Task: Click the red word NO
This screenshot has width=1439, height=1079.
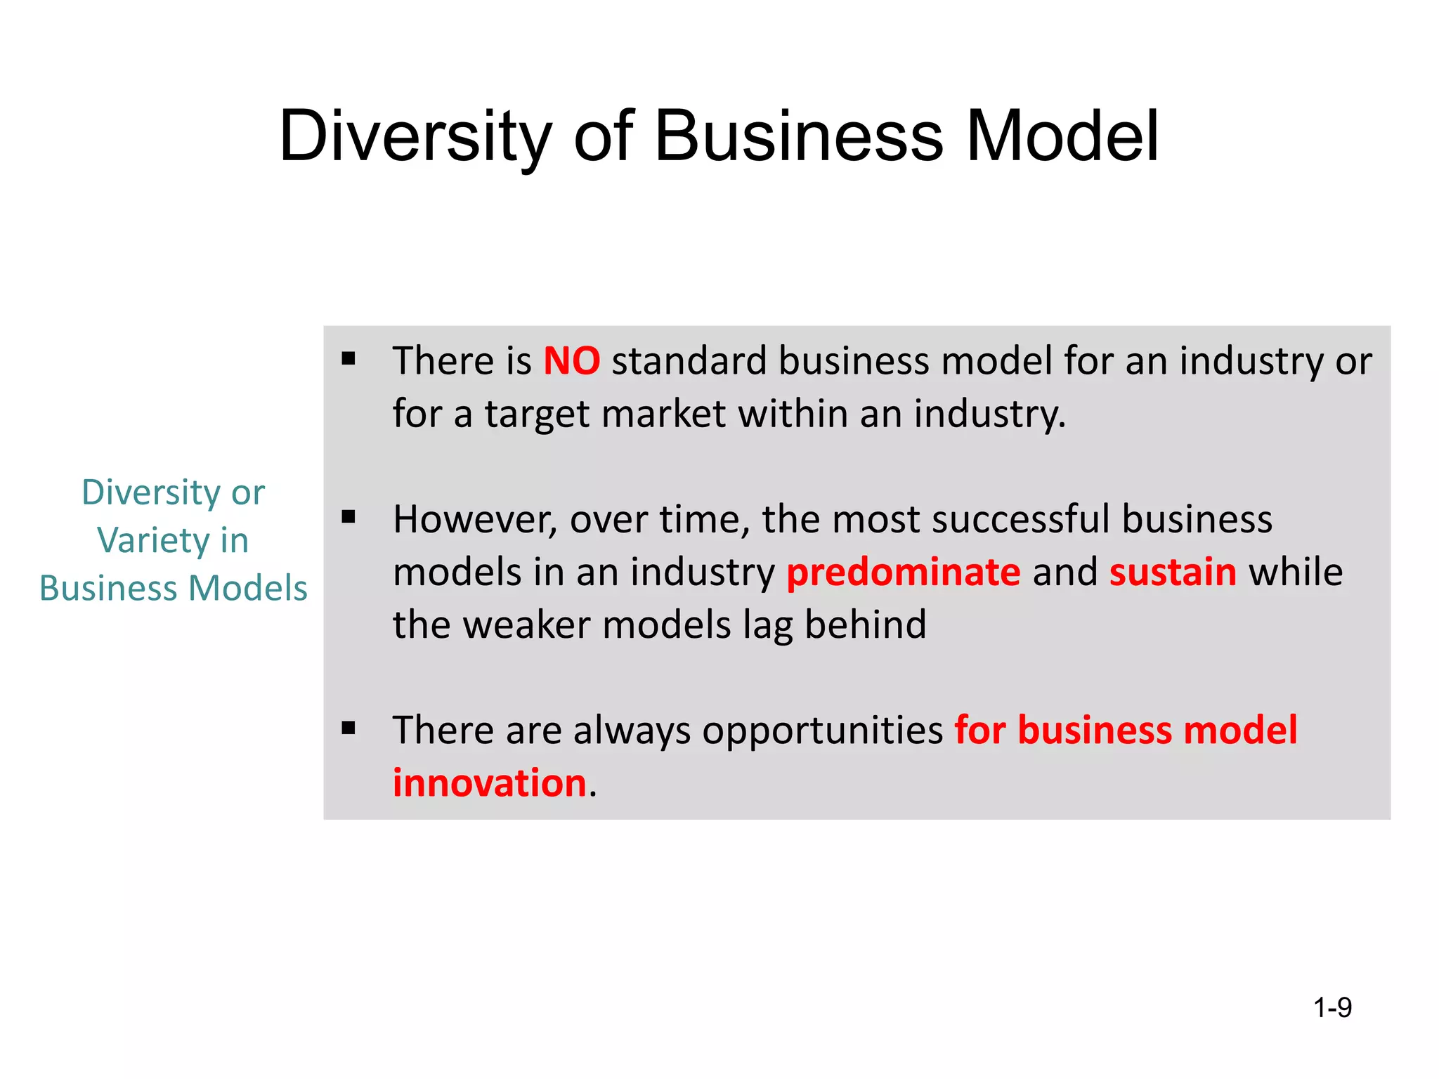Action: (571, 361)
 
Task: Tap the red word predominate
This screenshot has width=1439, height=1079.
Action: (903, 572)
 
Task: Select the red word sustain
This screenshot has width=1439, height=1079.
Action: (1173, 572)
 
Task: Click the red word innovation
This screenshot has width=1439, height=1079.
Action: (489, 783)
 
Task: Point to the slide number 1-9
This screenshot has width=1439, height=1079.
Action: (1332, 1008)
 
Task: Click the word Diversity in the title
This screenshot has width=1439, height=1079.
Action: (415, 136)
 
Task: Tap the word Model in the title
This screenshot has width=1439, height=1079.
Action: (1062, 136)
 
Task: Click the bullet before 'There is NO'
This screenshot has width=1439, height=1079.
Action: (349, 360)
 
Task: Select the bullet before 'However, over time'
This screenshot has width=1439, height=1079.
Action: (349, 518)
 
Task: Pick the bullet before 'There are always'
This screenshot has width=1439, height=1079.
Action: (349, 728)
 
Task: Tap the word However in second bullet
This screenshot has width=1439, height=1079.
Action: (474, 520)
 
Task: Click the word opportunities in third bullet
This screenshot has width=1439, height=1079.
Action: (822, 731)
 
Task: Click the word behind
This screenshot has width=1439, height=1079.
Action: (865, 624)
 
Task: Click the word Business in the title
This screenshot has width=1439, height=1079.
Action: (798, 136)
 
